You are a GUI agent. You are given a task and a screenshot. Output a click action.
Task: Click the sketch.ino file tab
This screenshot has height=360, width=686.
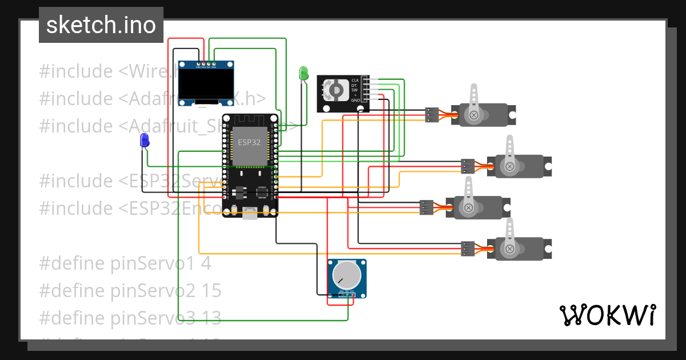click(101, 25)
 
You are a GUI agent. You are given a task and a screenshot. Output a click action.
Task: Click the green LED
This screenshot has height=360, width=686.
click(304, 73)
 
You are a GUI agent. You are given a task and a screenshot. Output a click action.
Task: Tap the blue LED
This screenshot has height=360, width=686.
click(145, 141)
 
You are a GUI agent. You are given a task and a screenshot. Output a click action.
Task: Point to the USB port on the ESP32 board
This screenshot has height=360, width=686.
click(250, 213)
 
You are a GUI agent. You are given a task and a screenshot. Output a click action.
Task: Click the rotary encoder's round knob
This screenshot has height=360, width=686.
click(336, 90)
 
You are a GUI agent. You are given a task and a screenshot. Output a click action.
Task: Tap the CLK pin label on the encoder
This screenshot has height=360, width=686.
click(354, 80)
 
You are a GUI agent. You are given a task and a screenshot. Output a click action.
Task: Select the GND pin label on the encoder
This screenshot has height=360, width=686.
click(355, 100)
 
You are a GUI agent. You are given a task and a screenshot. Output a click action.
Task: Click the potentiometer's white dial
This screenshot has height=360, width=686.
click(347, 275)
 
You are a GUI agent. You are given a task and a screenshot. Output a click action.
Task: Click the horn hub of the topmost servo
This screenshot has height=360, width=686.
click(474, 115)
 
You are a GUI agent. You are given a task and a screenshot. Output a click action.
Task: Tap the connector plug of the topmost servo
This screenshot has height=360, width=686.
click(433, 115)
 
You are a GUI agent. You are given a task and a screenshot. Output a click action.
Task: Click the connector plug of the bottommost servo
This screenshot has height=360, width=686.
click(468, 249)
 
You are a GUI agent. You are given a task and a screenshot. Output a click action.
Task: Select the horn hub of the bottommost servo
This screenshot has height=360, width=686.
click(508, 249)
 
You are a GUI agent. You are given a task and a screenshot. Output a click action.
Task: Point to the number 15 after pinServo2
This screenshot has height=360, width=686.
click(211, 291)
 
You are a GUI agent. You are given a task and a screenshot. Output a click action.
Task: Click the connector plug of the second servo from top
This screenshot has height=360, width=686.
click(468, 166)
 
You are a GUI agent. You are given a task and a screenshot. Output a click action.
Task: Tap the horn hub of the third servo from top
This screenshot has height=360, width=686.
click(468, 207)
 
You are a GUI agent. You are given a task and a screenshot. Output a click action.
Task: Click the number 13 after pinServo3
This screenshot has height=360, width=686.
click(211, 318)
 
